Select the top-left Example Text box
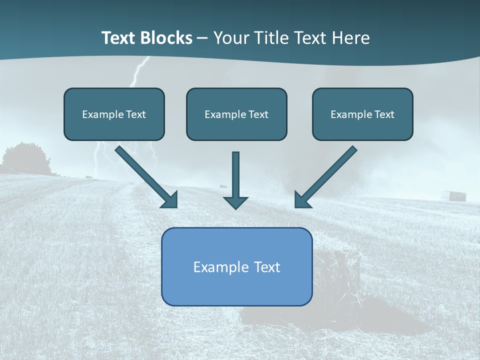(x=114, y=114)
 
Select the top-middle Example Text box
(x=236, y=114)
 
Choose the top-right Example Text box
(x=362, y=114)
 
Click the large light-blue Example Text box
(x=236, y=267)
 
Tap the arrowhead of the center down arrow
(x=235, y=202)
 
